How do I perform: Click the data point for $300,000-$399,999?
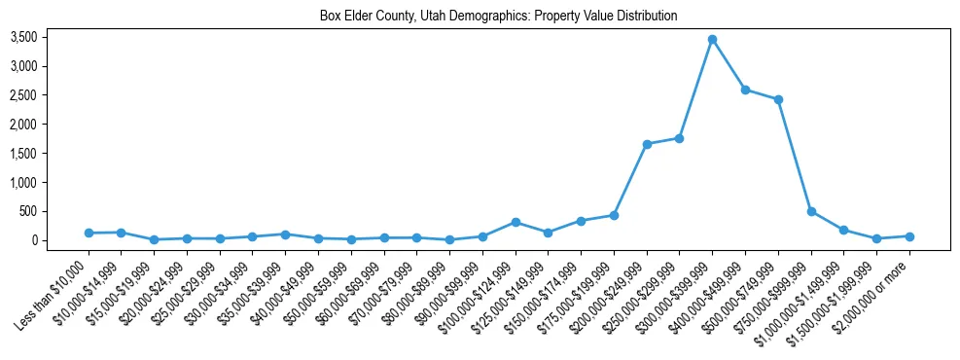pyautogui.click(x=712, y=39)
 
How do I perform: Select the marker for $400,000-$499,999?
pyautogui.click(x=745, y=90)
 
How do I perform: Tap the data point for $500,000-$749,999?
pyautogui.click(x=778, y=99)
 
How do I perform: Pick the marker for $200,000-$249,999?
pyautogui.click(x=647, y=144)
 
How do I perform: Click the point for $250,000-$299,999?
pyautogui.click(x=679, y=138)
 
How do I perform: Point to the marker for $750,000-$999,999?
pyautogui.click(x=811, y=211)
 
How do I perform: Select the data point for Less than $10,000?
pyautogui.click(x=89, y=233)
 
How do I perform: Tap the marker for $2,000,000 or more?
pyautogui.click(x=909, y=236)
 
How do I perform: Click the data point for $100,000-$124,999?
pyautogui.click(x=516, y=222)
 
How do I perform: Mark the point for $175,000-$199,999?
pyautogui.click(x=614, y=215)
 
